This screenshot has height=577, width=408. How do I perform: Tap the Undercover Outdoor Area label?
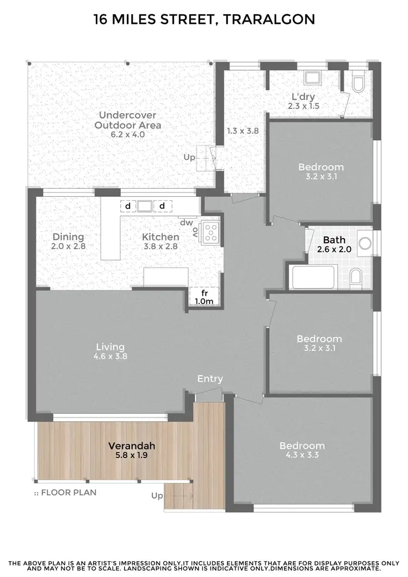pos(128,125)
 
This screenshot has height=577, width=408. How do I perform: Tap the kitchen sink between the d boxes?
pos(145,206)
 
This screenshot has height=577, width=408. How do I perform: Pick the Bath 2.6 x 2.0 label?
pos(334,245)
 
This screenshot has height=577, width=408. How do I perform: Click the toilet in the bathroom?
pos(356,277)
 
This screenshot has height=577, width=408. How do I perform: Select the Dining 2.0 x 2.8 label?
pos(69,241)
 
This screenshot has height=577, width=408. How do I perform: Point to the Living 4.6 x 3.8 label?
pos(110,351)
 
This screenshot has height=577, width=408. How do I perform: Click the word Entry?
pos(210,379)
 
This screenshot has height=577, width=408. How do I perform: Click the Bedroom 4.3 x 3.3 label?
pos(302,450)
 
